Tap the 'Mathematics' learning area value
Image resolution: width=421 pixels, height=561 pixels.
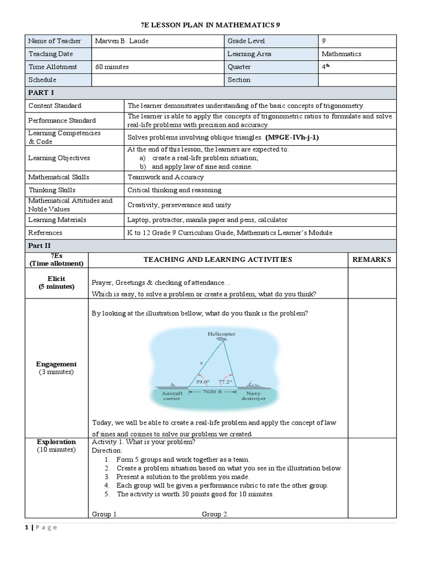pos(341,54)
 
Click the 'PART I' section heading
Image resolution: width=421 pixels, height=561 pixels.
pos(38,93)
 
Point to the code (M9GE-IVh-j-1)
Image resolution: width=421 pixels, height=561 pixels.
pos(292,138)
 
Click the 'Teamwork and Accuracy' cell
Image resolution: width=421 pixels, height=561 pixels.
pos(166,177)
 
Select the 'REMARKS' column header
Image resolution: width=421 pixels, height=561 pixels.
pos(372,259)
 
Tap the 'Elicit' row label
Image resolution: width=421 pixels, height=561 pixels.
pos(56,279)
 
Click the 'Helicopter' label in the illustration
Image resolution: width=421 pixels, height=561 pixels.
pos(221,334)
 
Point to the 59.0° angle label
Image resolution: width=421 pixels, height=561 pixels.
pos(202,382)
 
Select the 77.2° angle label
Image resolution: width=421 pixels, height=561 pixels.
pos(225,382)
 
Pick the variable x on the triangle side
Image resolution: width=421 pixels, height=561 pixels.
pos(201,363)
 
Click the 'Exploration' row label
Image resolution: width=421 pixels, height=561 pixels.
pos(56,442)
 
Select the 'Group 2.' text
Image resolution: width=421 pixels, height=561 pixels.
pos(215,514)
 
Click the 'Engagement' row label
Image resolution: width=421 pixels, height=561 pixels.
pos(56,364)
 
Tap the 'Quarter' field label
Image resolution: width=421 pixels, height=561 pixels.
pos(239,67)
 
